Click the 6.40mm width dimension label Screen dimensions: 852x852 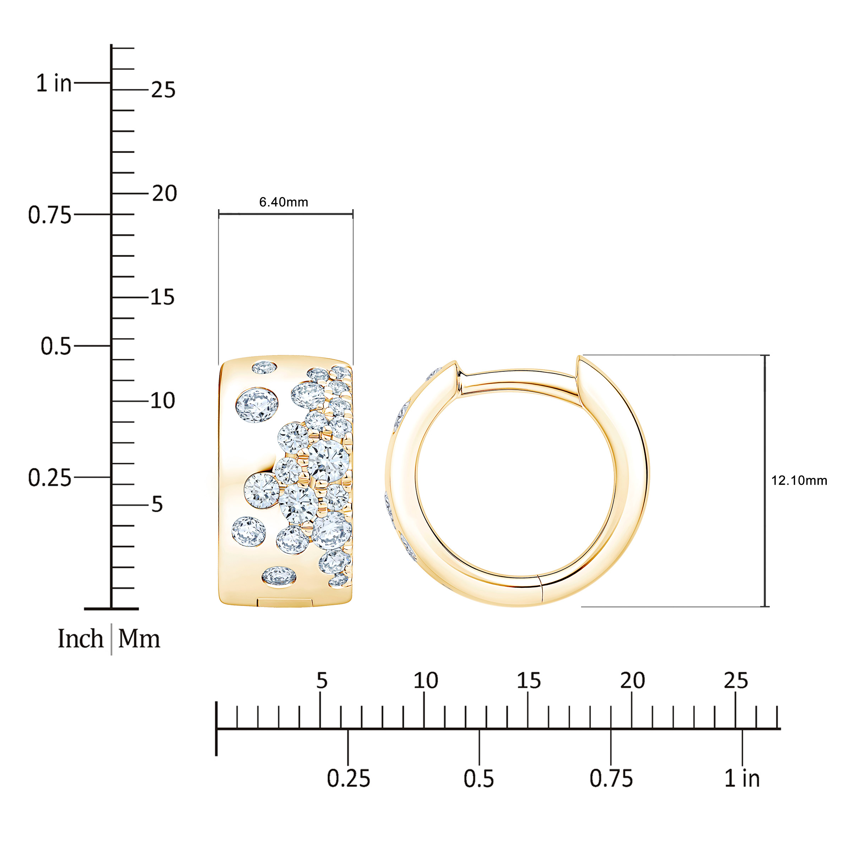[284, 202]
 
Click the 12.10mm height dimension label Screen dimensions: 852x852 [799, 480]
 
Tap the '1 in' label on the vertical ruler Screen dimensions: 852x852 [54, 83]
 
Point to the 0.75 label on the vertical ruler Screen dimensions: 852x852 [49, 215]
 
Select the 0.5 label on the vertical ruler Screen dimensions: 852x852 [56, 346]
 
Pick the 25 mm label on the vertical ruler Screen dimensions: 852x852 [163, 89]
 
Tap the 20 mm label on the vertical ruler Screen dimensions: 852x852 [164, 193]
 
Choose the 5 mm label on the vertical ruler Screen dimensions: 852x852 [157, 504]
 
